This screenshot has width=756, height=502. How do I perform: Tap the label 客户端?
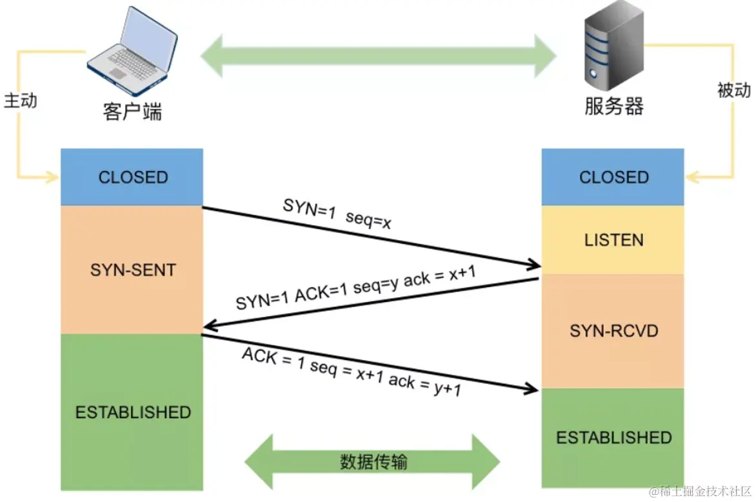click(132, 111)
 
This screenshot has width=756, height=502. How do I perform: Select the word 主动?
click(21, 101)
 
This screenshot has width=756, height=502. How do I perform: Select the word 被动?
click(733, 90)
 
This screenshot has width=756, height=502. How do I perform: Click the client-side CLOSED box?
click(132, 177)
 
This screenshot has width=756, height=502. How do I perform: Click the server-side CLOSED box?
click(613, 177)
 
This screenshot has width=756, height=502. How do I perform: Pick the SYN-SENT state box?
click(132, 270)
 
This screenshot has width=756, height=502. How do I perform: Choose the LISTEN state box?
click(613, 240)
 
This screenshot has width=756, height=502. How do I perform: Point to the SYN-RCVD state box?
click(613, 331)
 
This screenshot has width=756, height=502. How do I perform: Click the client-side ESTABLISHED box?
click(132, 412)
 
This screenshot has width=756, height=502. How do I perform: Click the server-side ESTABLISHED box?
click(613, 437)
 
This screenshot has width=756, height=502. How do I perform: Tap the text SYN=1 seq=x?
click(337, 214)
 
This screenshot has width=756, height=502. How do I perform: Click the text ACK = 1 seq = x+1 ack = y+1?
click(352, 372)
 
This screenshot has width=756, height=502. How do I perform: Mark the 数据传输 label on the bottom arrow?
click(373, 462)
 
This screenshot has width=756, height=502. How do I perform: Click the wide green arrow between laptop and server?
click(379, 56)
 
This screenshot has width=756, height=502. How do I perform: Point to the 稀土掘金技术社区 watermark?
click(699, 492)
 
